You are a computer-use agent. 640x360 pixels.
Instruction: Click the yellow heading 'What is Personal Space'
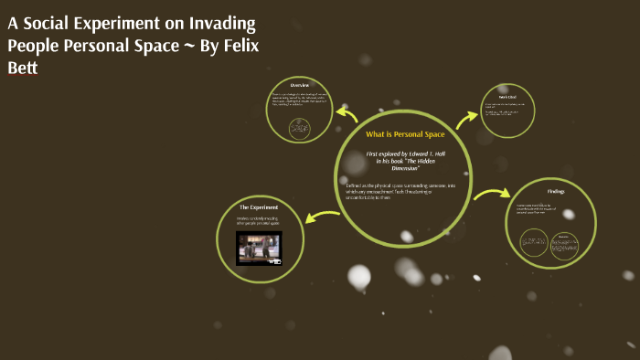click(x=404, y=134)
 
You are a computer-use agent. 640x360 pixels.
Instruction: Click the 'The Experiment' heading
click(x=259, y=207)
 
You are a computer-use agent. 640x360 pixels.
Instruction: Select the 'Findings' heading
click(x=556, y=192)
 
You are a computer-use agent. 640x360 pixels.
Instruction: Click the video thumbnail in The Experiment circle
click(x=259, y=247)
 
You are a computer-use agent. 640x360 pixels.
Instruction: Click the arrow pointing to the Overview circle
click(x=347, y=114)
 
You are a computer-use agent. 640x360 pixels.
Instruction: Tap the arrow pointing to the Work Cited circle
click(x=467, y=116)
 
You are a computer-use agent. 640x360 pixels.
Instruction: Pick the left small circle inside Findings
click(x=534, y=242)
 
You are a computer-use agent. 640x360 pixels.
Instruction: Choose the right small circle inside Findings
click(x=564, y=246)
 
